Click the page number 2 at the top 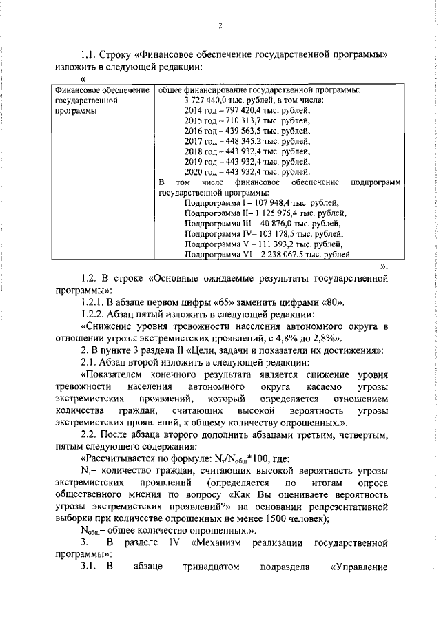(x=220, y=26)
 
